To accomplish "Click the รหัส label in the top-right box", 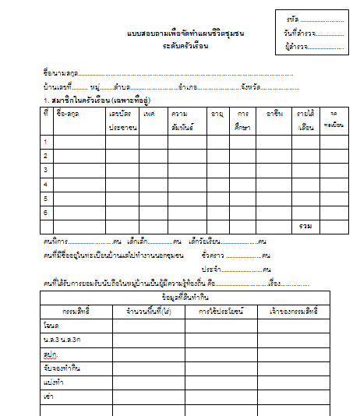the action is pyautogui.click(x=292, y=17).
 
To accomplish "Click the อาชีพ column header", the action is pyautogui.click(x=274, y=114).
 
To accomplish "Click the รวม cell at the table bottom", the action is pyautogui.click(x=305, y=226).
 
